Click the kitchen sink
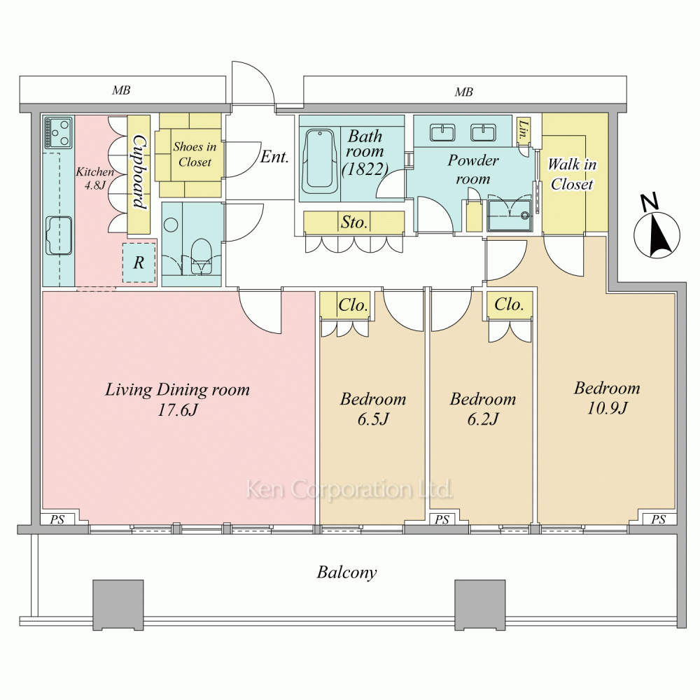59,235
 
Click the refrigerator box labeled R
139,263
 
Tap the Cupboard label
139,173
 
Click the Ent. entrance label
274,157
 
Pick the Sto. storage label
354,223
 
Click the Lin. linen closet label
523,128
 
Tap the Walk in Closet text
572,174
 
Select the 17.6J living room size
177,410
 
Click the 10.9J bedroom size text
607,408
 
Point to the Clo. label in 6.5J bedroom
353,305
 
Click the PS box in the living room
57,519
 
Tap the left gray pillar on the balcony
118,604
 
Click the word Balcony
346,573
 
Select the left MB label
121,91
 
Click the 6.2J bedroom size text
482,419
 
